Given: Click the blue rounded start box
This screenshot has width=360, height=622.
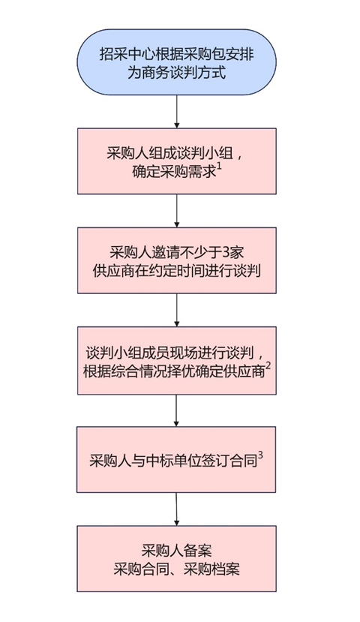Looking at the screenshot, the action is click(176, 62).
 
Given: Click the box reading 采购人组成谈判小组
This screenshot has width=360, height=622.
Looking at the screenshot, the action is click(176, 161).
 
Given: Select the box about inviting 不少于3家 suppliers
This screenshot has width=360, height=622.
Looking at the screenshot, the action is click(176, 260).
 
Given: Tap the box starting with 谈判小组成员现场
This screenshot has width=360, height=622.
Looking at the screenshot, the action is click(176, 360).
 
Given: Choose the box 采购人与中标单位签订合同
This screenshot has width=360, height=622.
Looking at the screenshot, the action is click(176, 459).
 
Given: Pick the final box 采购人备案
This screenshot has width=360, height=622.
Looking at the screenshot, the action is click(176, 559).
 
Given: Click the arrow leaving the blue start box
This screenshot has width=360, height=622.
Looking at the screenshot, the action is click(176, 112).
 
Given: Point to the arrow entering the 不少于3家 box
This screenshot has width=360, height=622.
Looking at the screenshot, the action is click(176, 211).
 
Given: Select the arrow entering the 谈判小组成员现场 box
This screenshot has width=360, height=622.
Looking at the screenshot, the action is click(176, 310).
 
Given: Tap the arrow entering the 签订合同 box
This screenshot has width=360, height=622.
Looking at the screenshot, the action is click(176, 410).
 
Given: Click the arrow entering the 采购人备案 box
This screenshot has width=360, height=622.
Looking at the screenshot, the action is click(176, 509).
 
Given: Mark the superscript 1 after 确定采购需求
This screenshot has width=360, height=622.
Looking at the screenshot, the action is click(219, 167).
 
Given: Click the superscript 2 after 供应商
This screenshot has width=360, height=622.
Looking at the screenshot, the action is click(268, 367).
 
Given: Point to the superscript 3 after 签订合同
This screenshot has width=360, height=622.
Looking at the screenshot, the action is click(260, 455).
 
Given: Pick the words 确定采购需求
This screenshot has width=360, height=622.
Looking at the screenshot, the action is click(174, 172).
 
